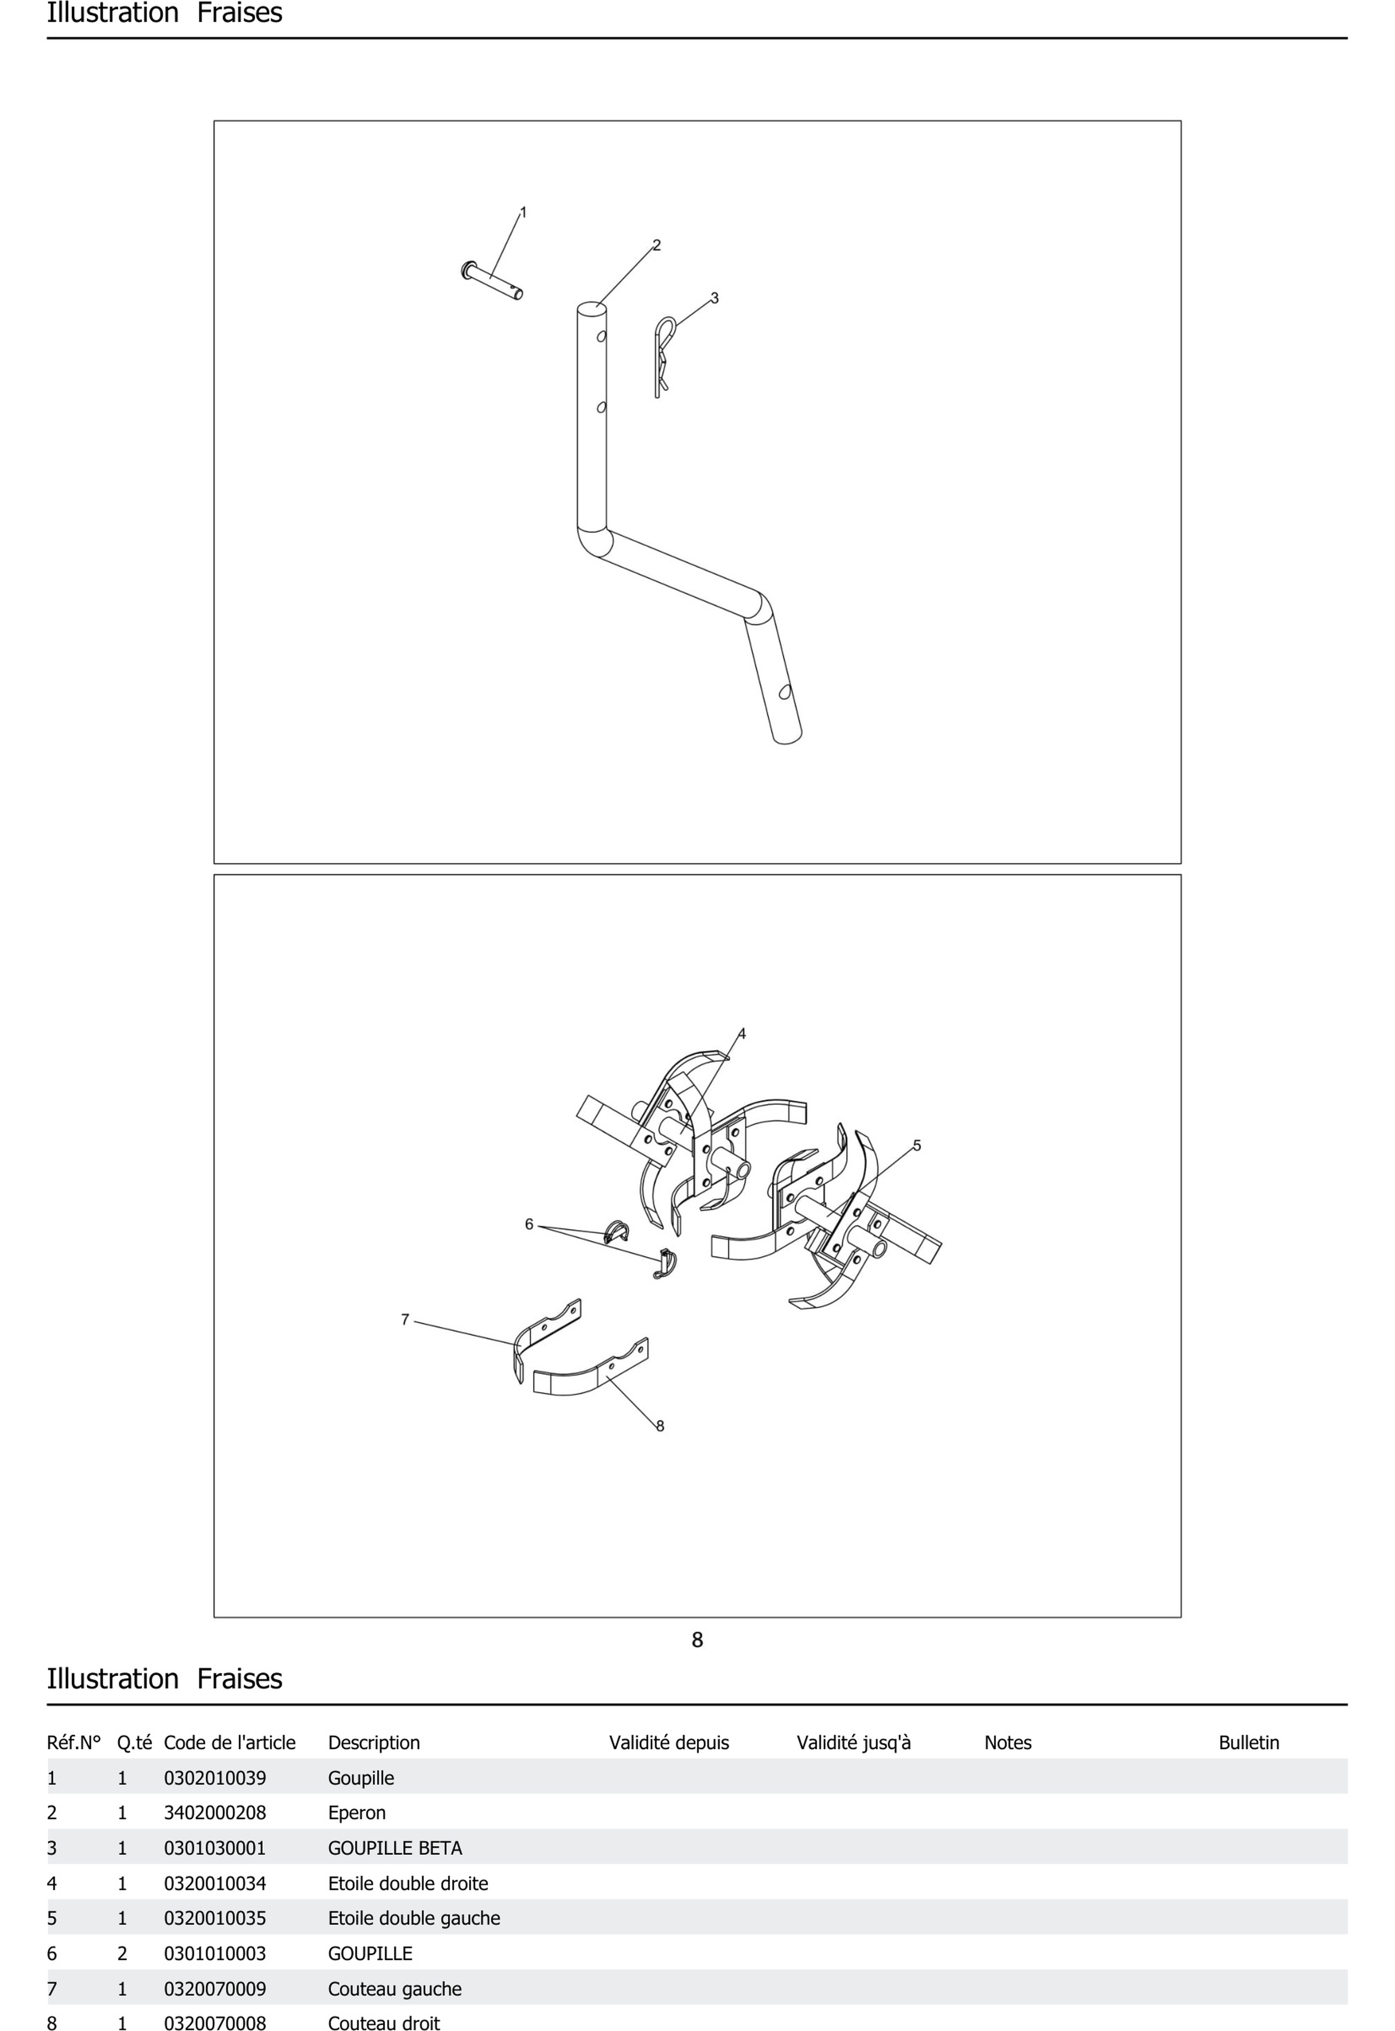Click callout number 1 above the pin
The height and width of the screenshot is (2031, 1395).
coord(524,212)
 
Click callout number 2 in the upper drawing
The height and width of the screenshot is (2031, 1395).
coord(657,246)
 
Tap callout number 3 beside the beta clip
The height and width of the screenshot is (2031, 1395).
coord(715,298)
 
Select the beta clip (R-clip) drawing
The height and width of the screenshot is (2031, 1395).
coord(664,357)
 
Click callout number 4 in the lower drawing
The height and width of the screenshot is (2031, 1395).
coord(742,1034)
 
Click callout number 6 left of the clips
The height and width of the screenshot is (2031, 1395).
coord(529,1224)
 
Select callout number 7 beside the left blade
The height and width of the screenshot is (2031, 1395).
coord(405,1320)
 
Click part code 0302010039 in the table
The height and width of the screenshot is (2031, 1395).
coord(215,1778)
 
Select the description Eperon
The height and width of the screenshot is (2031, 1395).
coord(357,1813)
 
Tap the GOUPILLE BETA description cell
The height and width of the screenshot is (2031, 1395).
coord(395,1848)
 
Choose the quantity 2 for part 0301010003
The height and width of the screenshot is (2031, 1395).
coord(122,1954)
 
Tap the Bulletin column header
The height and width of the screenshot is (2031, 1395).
coord(1249,1742)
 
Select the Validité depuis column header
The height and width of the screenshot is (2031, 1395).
coord(669,1742)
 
